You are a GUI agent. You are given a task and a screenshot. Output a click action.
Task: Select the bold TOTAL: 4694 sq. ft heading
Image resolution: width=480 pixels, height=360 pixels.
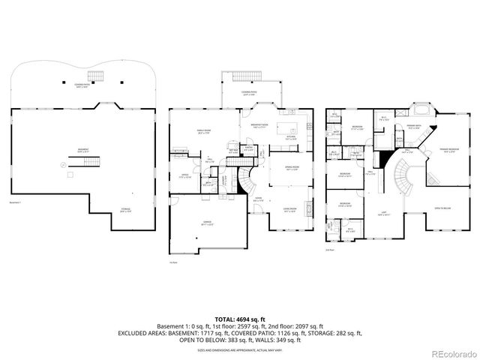239,318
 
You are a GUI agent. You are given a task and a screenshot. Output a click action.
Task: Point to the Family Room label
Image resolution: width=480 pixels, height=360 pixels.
203,130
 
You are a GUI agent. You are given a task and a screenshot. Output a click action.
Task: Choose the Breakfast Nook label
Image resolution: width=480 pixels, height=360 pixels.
261,126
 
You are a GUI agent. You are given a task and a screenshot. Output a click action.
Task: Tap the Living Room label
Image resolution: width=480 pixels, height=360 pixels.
289,209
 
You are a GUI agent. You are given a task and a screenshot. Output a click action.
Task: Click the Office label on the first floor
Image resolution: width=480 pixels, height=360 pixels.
184,176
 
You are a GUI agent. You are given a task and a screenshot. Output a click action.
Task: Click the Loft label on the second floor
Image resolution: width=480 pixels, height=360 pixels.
384,213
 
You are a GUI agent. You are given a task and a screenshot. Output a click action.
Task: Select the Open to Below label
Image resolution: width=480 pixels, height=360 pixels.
442,208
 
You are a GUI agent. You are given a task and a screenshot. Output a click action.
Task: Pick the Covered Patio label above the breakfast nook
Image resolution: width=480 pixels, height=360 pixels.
250,93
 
